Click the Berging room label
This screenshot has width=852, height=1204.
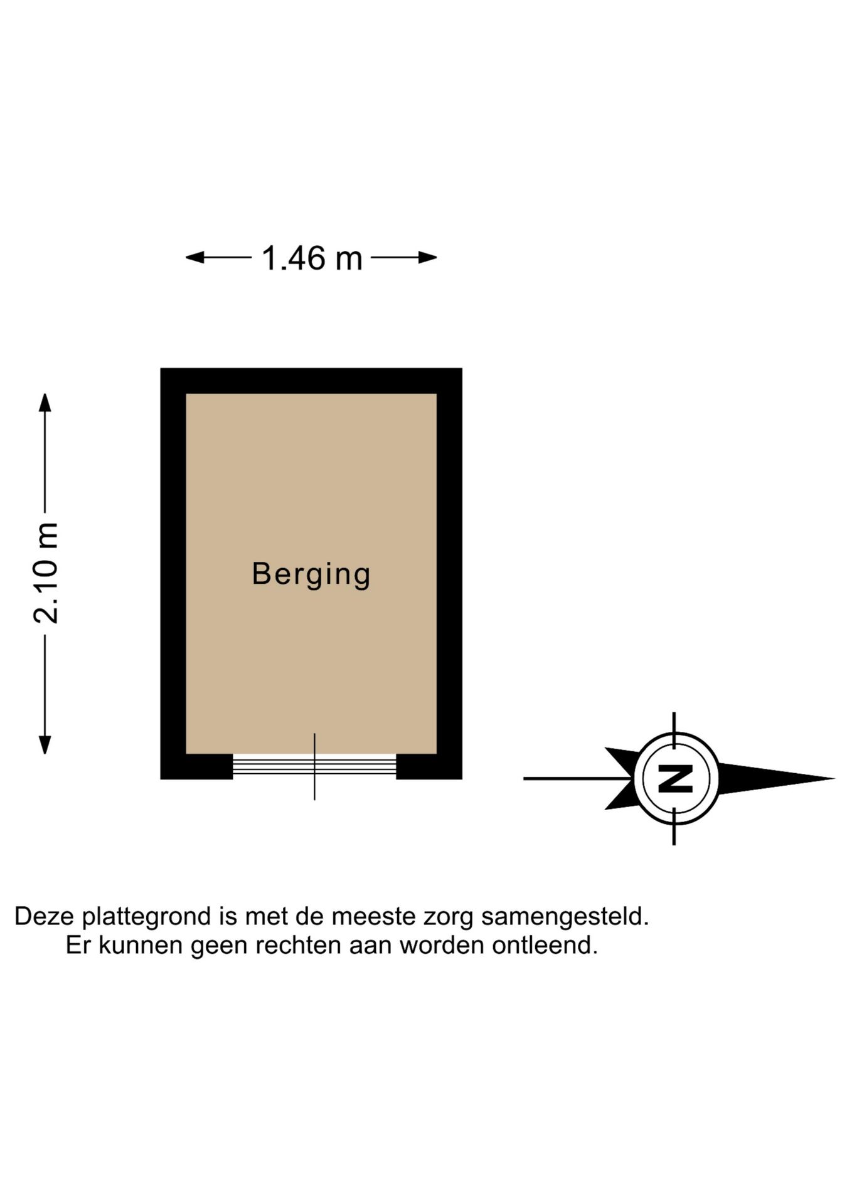(x=311, y=574)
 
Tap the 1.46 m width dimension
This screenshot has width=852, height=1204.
(x=312, y=258)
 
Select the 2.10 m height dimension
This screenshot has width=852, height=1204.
(x=46, y=573)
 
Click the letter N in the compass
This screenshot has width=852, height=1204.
(x=675, y=778)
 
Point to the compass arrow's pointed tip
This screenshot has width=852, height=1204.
(x=834, y=778)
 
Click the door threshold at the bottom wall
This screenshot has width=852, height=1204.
(x=314, y=766)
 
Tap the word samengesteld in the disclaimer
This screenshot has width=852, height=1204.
(x=565, y=917)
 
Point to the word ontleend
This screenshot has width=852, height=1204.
(x=545, y=945)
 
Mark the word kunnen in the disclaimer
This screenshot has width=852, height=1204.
(x=141, y=945)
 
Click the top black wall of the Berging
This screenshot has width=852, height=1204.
(x=311, y=381)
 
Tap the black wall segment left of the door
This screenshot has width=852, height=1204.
(x=196, y=766)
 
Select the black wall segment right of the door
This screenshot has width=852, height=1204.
(x=429, y=766)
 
